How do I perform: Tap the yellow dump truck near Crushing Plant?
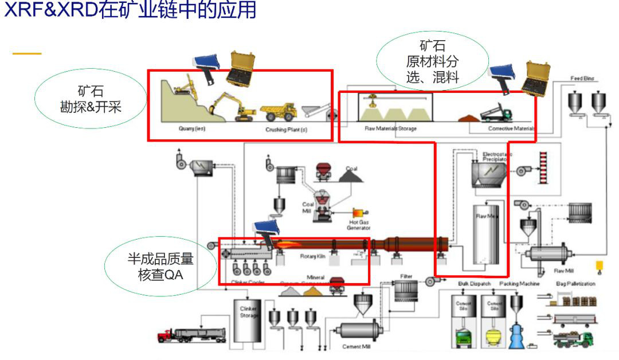(278, 112)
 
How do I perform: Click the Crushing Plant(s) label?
(286, 130)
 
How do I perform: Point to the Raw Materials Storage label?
(390, 128)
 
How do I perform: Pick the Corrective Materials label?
(511, 128)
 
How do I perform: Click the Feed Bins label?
(582, 78)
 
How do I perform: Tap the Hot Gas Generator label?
(358, 225)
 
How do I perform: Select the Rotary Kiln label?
(312, 256)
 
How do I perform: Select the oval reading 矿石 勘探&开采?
(91, 99)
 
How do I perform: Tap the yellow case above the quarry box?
(242, 68)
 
